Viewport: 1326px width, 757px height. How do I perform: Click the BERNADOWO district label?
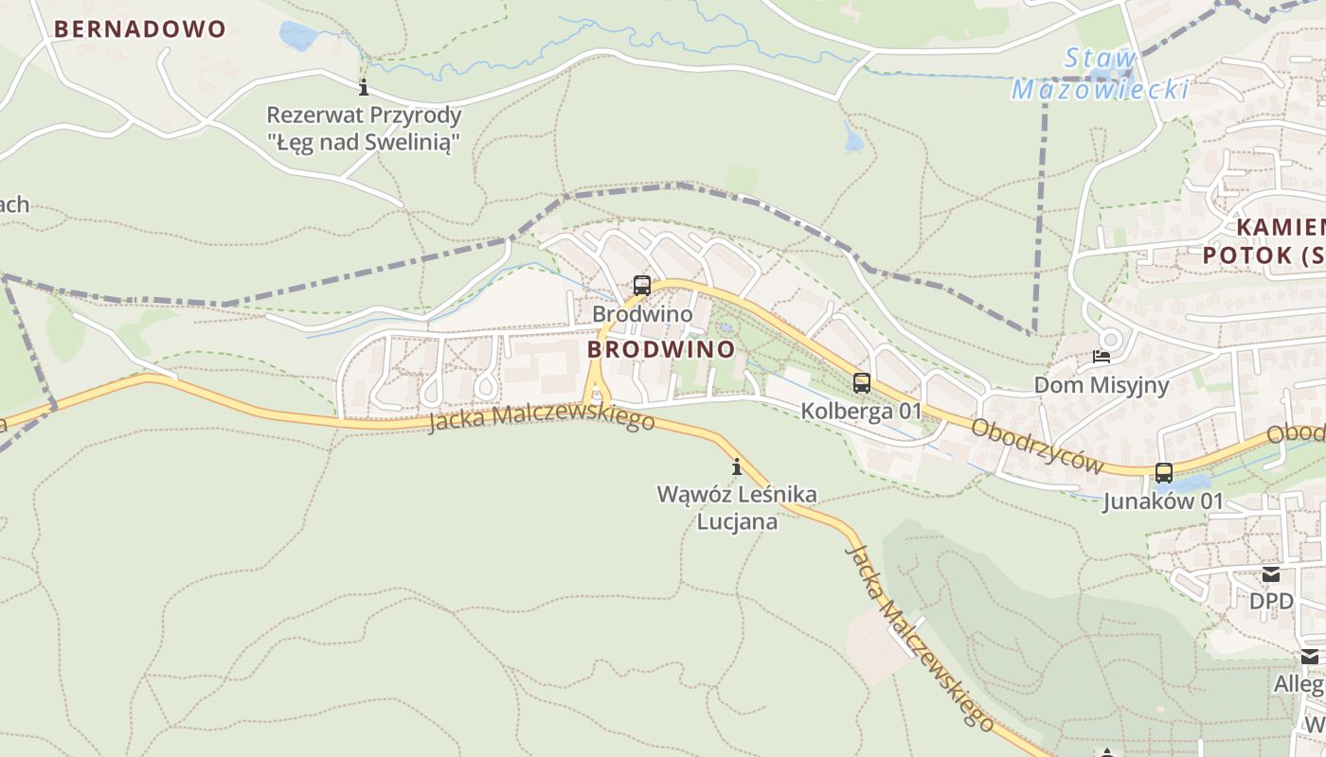tap(140, 28)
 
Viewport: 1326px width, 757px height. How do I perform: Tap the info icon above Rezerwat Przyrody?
tap(363, 88)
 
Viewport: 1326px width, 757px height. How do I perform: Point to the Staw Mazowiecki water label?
tap(1101, 74)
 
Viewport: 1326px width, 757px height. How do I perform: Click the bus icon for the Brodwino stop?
tap(642, 285)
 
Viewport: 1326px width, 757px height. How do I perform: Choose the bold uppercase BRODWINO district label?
tap(661, 349)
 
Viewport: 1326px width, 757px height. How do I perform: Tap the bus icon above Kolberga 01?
tap(861, 383)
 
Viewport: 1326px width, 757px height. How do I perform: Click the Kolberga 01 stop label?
tap(861, 411)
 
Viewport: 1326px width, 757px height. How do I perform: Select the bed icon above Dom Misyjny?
tap(1101, 357)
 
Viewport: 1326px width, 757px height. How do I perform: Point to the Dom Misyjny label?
tap(1101, 385)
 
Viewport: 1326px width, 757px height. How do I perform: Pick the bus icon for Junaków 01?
tap(1164, 473)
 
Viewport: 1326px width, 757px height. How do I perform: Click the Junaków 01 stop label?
tap(1163, 501)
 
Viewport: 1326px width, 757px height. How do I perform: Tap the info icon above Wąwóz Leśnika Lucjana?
tap(737, 467)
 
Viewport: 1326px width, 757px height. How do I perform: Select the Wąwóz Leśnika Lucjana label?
tap(738, 507)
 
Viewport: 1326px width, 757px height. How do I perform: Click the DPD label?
tap(1271, 601)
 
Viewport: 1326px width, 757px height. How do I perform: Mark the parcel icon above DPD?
tap(1271, 574)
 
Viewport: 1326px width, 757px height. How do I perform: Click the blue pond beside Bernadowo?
tap(298, 37)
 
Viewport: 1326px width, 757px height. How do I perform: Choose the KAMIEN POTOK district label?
tap(1264, 241)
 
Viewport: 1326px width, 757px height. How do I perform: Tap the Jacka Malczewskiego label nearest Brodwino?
tap(541, 417)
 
